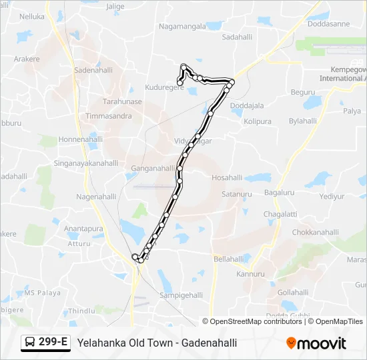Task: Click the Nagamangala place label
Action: (181, 27)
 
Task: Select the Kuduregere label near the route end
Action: (164, 87)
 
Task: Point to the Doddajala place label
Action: (247, 105)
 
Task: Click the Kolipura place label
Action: (258, 122)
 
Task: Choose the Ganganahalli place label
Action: (153, 169)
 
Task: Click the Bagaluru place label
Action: (279, 193)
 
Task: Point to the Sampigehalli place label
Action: (181, 294)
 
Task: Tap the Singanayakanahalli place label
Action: (85, 163)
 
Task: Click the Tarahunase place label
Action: (122, 102)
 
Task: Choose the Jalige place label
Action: (115, 6)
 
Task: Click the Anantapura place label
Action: (83, 229)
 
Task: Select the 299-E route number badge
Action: (45, 343)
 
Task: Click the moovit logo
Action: (321, 343)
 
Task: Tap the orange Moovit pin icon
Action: (291, 343)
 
